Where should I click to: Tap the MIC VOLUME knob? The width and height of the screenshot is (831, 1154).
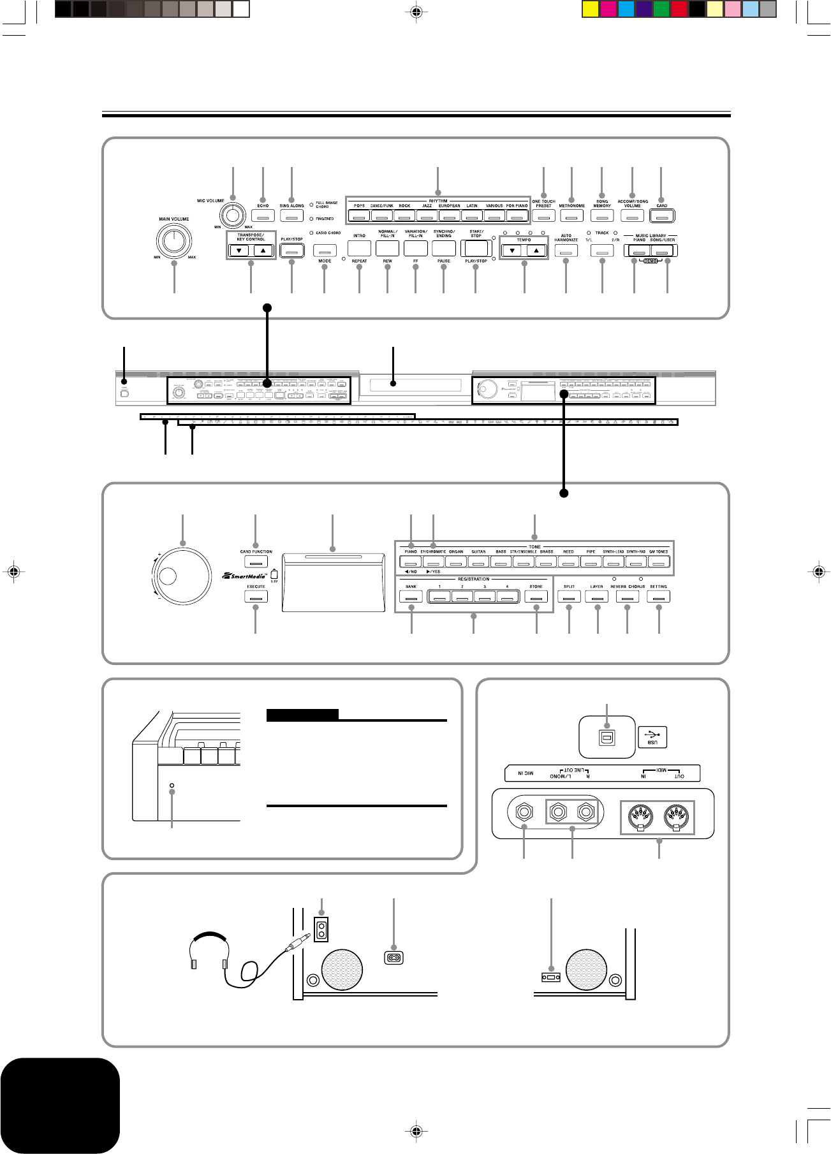pos(233,216)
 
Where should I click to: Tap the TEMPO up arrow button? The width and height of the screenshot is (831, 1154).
pos(536,251)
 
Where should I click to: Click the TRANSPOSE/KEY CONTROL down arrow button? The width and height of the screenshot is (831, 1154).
pos(239,251)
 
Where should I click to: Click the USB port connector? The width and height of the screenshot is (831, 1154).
pos(607,737)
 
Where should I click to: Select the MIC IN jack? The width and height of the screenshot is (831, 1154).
pos(524,813)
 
